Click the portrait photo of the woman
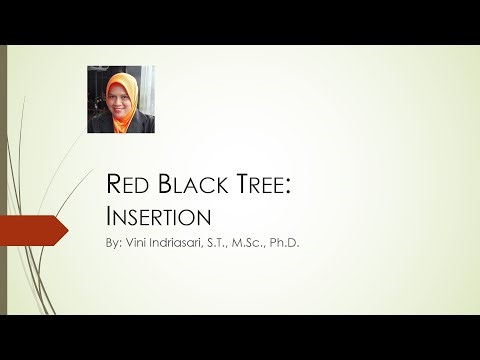tap(121, 99)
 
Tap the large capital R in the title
tap(113, 186)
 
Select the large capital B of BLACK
tap(166, 186)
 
